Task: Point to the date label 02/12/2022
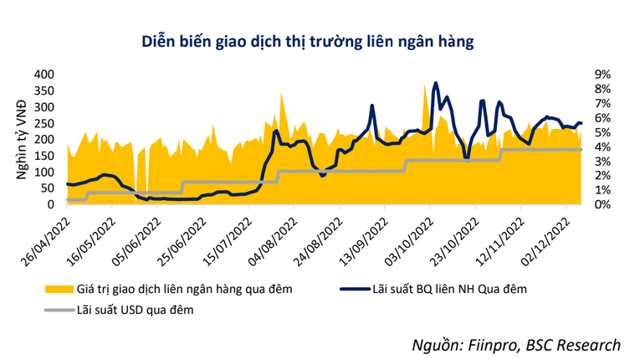click(566, 239)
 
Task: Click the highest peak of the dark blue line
click(435, 83)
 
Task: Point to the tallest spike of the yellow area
click(281, 92)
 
